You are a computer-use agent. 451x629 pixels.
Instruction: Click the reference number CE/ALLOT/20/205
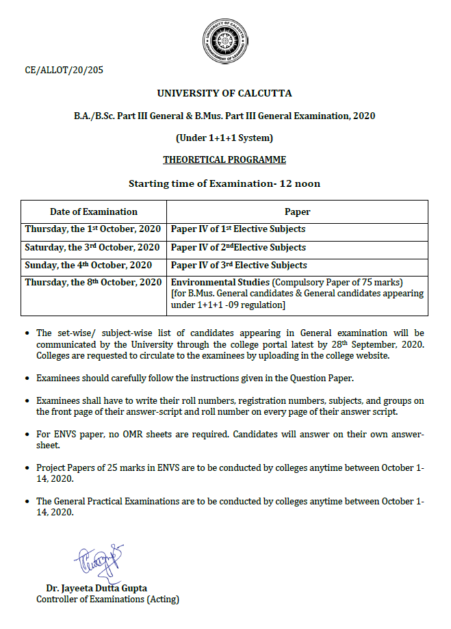[64, 69]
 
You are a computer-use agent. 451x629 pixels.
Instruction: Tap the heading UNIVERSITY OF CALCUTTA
[224, 93]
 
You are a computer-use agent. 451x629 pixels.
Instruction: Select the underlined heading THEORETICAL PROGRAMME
[224, 160]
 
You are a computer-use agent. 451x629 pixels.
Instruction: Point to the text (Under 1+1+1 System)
[224, 138]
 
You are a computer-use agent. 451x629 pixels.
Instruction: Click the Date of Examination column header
[94, 211]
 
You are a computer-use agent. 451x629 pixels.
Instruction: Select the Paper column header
[297, 211]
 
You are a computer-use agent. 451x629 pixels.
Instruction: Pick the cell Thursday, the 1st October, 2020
[93, 229]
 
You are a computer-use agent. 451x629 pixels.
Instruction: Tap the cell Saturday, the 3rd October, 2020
[93, 247]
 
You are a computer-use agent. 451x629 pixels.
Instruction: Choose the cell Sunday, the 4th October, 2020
[89, 265]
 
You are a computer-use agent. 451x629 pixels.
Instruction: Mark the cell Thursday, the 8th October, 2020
[93, 282]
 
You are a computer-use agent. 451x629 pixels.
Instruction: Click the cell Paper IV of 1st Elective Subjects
[238, 229]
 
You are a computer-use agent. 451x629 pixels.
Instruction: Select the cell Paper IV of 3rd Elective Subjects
[239, 265]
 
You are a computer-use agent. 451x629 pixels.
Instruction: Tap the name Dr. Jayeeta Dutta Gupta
[96, 589]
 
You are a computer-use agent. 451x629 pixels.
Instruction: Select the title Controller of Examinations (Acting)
[107, 600]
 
